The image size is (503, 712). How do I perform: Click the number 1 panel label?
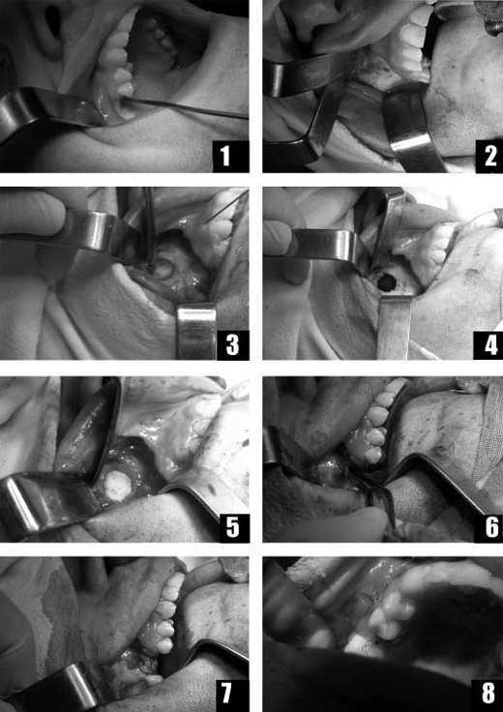click(x=230, y=156)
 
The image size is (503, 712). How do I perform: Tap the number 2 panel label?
click(x=488, y=156)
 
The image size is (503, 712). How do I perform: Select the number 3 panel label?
click(x=232, y=344)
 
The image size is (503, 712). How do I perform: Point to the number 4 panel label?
click(x=488, y=344)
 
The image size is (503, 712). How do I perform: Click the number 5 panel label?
click(x=233, y=526)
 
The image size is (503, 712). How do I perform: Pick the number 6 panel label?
click(x=488, y=526)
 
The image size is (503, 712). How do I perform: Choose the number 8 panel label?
click(x=488, y=696)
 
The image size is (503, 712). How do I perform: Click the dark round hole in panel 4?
click(x=386, y=283)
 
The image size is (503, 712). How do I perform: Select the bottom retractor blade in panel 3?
click(x=196, y=329)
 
